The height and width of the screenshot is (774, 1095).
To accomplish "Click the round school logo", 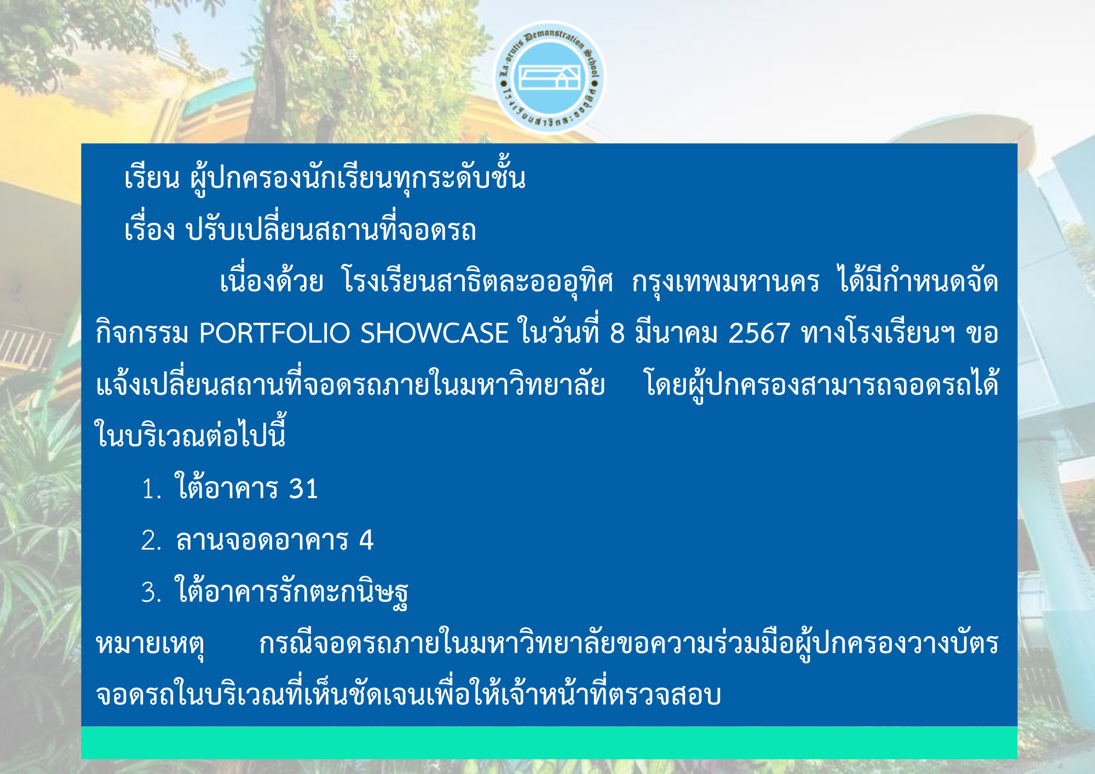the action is pos(549,78).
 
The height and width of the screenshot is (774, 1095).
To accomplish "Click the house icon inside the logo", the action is pos(549,77).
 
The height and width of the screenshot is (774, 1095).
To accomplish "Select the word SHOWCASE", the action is pos(434,333).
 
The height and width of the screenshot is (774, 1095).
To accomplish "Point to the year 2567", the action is pos(759,333).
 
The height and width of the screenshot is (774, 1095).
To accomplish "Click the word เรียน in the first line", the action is pos(152,177).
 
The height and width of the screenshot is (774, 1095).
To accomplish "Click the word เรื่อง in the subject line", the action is pos(149,229).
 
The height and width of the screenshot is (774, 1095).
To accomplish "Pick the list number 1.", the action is pos(151,489).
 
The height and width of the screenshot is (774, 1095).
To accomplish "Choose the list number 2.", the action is pos(151,540).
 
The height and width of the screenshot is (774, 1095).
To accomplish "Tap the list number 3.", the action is pos(151,592).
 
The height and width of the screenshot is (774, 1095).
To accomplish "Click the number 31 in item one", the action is pos(303,488).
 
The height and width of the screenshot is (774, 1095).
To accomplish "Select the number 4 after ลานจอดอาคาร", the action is pos(366,540).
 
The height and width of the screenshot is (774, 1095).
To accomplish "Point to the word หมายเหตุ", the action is pos(150,644).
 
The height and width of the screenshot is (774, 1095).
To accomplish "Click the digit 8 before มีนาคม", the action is pos(617,333).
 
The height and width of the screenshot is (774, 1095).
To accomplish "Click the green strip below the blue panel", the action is pos(549,743).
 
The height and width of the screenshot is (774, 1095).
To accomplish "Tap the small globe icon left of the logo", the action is pos(353,55).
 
